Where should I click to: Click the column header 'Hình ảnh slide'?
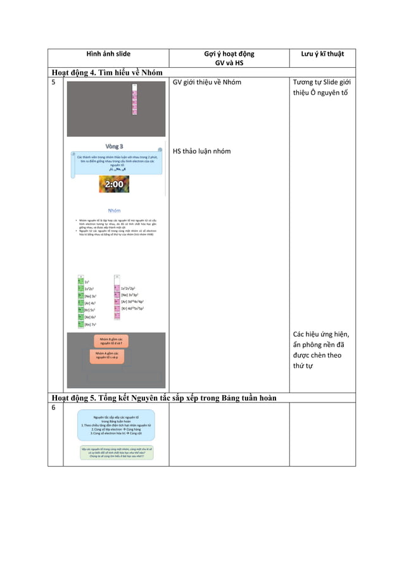click(108, 54)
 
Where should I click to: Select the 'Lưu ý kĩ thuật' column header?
click(323, 54)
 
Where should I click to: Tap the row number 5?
click(53, 82)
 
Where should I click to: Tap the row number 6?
click(53, 408)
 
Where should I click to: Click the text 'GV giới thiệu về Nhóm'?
click(206, 82)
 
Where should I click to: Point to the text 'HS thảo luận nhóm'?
click(201, 151)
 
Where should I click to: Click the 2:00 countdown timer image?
click(114, 184)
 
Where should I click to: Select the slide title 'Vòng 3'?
click(114, 146)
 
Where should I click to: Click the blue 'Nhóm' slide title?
click(115, 210)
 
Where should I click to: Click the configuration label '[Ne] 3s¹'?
click(91, 296)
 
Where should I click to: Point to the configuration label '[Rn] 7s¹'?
click(91, 324)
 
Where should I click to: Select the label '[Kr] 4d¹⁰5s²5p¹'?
click(139, 308)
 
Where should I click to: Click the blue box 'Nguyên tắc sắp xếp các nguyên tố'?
click(116, 425)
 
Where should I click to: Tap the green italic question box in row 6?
click(116, 453)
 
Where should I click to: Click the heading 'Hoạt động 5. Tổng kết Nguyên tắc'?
click(168, 398)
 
